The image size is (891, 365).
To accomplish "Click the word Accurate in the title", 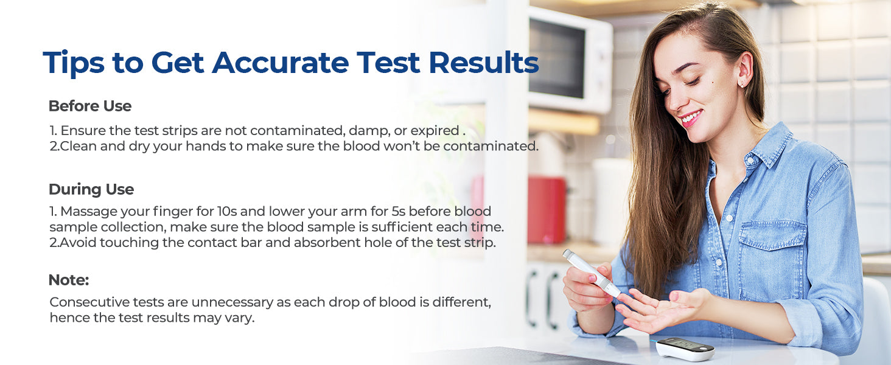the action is tap(281, 63).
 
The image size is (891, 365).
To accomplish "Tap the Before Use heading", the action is tap(90, 106).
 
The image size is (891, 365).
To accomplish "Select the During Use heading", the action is tap(91, 190).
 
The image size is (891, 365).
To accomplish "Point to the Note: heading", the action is tap(68, 280).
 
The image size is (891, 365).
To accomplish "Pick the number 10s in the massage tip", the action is tap(227, 211).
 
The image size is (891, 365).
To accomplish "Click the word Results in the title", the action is tap(484, 63).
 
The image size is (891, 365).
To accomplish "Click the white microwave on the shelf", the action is tap(570, 60).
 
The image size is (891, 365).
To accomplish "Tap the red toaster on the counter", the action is tap(547, 210).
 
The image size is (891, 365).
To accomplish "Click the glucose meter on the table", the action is tap(685, 349).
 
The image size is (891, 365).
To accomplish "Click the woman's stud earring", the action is tap(741, 85).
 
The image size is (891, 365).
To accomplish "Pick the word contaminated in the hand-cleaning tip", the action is tap(491, 147).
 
